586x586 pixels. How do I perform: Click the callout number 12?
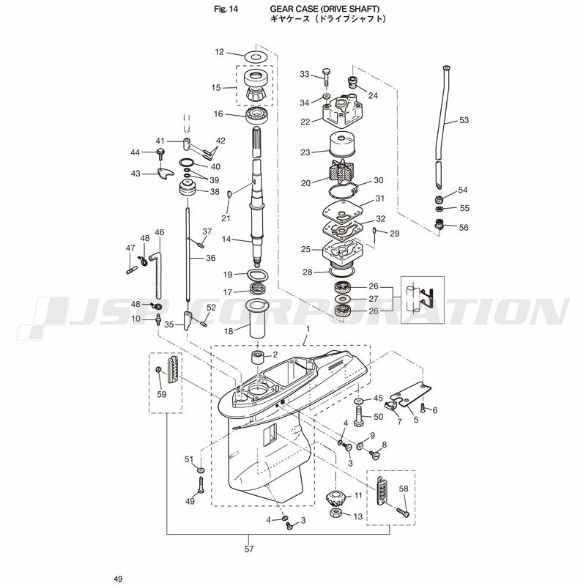click(x=219, y=51)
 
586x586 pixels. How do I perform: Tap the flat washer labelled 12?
click(x=256, y=57)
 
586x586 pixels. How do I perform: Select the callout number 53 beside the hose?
click(x=464, y=120)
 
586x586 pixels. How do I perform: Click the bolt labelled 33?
click(x=326, y=77)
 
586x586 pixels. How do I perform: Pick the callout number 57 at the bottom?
click(x=249, y=549)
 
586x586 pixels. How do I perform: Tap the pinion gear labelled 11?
click(x=335, y=498)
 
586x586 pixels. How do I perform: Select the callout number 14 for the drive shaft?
click(x=226, y=239)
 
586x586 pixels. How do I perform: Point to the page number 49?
click(x=118, y=579)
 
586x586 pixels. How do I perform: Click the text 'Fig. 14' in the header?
click(x=226, y=10)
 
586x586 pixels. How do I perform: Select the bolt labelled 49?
click(x=201, y=485)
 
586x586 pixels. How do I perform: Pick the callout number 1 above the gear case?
click(x=308, y=329)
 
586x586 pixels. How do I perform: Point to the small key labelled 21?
click(x=230, y=194)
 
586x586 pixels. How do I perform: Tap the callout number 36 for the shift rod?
click(x=211, y=258)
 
